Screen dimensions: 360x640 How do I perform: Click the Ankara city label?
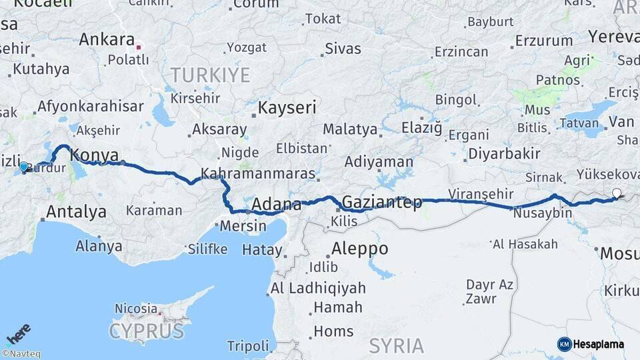(107, 39)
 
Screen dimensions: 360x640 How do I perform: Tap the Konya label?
(94, 155)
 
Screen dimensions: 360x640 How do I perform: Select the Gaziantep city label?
(381, 202)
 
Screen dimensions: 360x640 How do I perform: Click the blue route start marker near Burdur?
(24, 167)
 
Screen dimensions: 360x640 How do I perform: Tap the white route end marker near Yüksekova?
(617, 194)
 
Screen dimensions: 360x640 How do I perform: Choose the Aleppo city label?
(360, 249)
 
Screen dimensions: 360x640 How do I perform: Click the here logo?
(18, 333)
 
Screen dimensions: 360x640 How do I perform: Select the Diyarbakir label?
(504, 153)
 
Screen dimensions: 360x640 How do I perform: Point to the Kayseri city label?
(287, 107)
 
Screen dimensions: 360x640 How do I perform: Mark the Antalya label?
(76, 212)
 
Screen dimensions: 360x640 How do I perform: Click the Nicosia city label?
(136, 309)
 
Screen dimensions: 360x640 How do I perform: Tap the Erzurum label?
(544, 41)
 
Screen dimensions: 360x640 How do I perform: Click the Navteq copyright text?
(21, 354)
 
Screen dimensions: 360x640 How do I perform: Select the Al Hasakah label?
(525, 244)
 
